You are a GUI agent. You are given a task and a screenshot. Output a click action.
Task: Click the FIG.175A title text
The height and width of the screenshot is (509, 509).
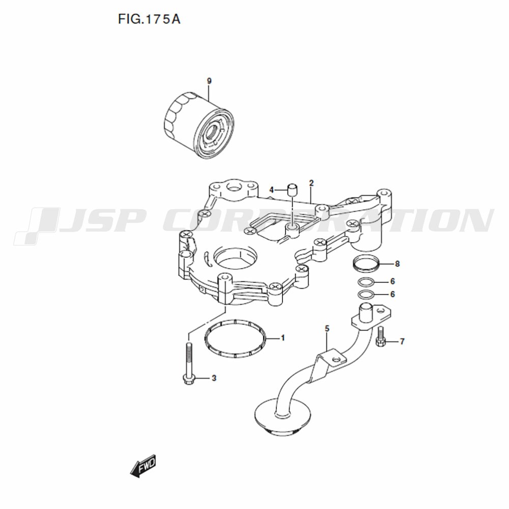pos(149,19)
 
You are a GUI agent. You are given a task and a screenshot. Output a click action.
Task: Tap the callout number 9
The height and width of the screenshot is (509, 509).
pos(209,81)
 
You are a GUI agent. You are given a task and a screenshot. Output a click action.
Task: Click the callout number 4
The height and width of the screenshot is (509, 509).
pos(272,190)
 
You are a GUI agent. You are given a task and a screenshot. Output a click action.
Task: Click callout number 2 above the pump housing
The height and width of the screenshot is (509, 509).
pos(312,183)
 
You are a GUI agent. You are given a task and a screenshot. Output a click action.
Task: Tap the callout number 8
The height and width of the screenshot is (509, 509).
pos(398,264)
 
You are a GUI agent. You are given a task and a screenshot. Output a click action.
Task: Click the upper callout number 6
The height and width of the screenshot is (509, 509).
pos(392,281)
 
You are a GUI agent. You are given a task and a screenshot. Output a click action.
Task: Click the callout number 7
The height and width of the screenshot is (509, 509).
pos(402,342)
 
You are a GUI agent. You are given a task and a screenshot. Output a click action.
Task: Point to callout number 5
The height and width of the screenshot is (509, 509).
pos(327,329)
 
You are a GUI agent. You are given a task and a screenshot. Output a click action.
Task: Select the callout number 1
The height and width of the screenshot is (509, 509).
pos(282,338)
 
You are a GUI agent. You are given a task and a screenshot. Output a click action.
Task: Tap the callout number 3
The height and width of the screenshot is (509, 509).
pos(214,378)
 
